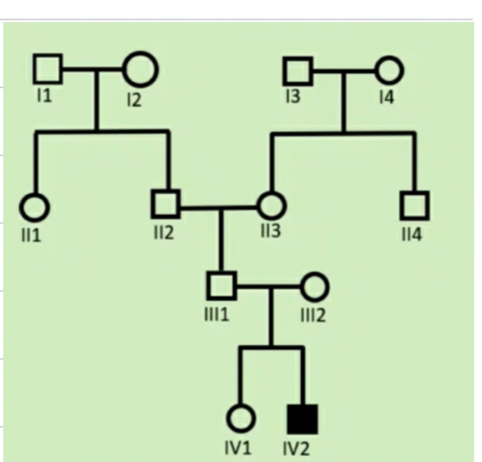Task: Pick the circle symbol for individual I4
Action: (x=390, y=71)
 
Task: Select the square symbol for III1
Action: (x=221, y=286)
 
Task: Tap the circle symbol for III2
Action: (x=315, y=287)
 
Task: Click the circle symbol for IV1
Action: (x=240, y=419)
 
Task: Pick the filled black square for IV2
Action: (x=303, y=419)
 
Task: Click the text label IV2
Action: (x=297, y=449)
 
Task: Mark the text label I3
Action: (x=293, y=98)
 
